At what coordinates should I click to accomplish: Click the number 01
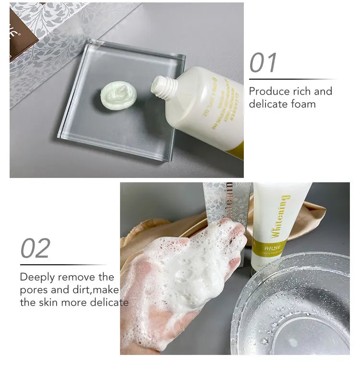(x=264, y=63)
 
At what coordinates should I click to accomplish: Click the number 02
(x=35, y=248)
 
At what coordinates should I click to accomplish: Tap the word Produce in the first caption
(x=269, y=91)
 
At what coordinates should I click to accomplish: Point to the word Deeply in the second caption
(x=36, y=277)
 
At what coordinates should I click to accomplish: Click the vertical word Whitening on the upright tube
(x=280, y=216)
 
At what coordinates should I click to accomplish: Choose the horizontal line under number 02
(x=63, y=264)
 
